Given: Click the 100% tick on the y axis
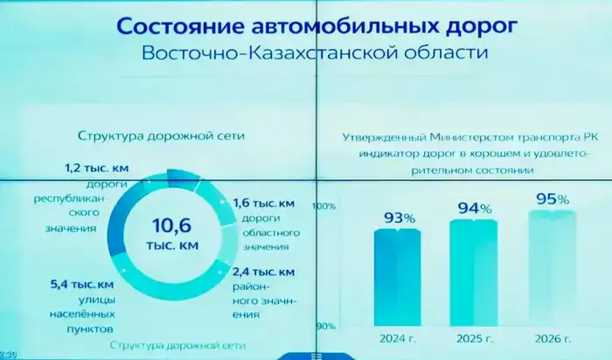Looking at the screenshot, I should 324,207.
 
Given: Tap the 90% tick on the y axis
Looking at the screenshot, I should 326,327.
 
